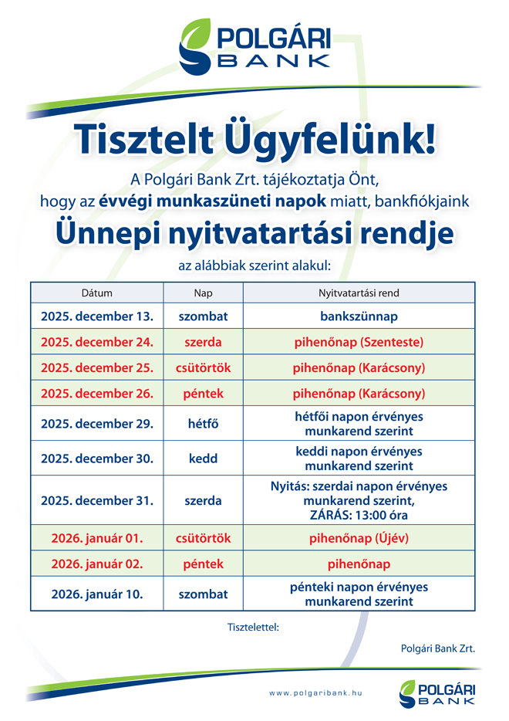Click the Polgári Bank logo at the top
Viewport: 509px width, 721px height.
click(254, 46)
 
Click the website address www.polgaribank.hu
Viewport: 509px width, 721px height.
click(315, 693)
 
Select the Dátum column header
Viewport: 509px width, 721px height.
click(97, 293)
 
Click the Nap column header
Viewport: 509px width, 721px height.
click(203, 293)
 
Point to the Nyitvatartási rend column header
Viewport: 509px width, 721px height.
click(359, 293)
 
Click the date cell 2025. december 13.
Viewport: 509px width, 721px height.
click(97, 316)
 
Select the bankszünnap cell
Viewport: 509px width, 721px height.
click(359, 316)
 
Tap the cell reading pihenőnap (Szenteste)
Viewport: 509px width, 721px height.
click(359, 341)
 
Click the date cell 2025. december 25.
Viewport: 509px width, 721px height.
click(97, 367)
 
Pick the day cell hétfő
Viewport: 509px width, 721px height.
click(203, 424)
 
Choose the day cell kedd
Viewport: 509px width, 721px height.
click(203, 459)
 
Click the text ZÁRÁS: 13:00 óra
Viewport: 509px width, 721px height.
click(359, 515)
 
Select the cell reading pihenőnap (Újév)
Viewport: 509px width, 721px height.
click(359, 537)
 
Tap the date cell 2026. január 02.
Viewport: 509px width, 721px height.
click(97, 564)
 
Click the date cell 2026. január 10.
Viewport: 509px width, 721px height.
click(97, 594)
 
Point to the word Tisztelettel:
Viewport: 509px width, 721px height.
click(252, 626)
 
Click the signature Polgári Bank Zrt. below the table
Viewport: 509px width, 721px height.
click(438, 648)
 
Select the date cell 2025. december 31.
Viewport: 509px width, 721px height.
click(97, 500)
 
